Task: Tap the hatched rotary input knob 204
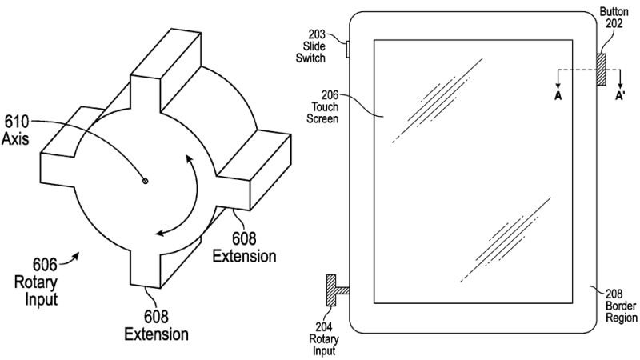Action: pyautogui.click(x=329, y=288)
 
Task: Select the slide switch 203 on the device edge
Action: pyautogui.click(x=347, y=50)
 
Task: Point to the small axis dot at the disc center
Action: pyautogui.click(x=145, y=182)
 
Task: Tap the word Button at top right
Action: pyautogui.click(x=613, y=12)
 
